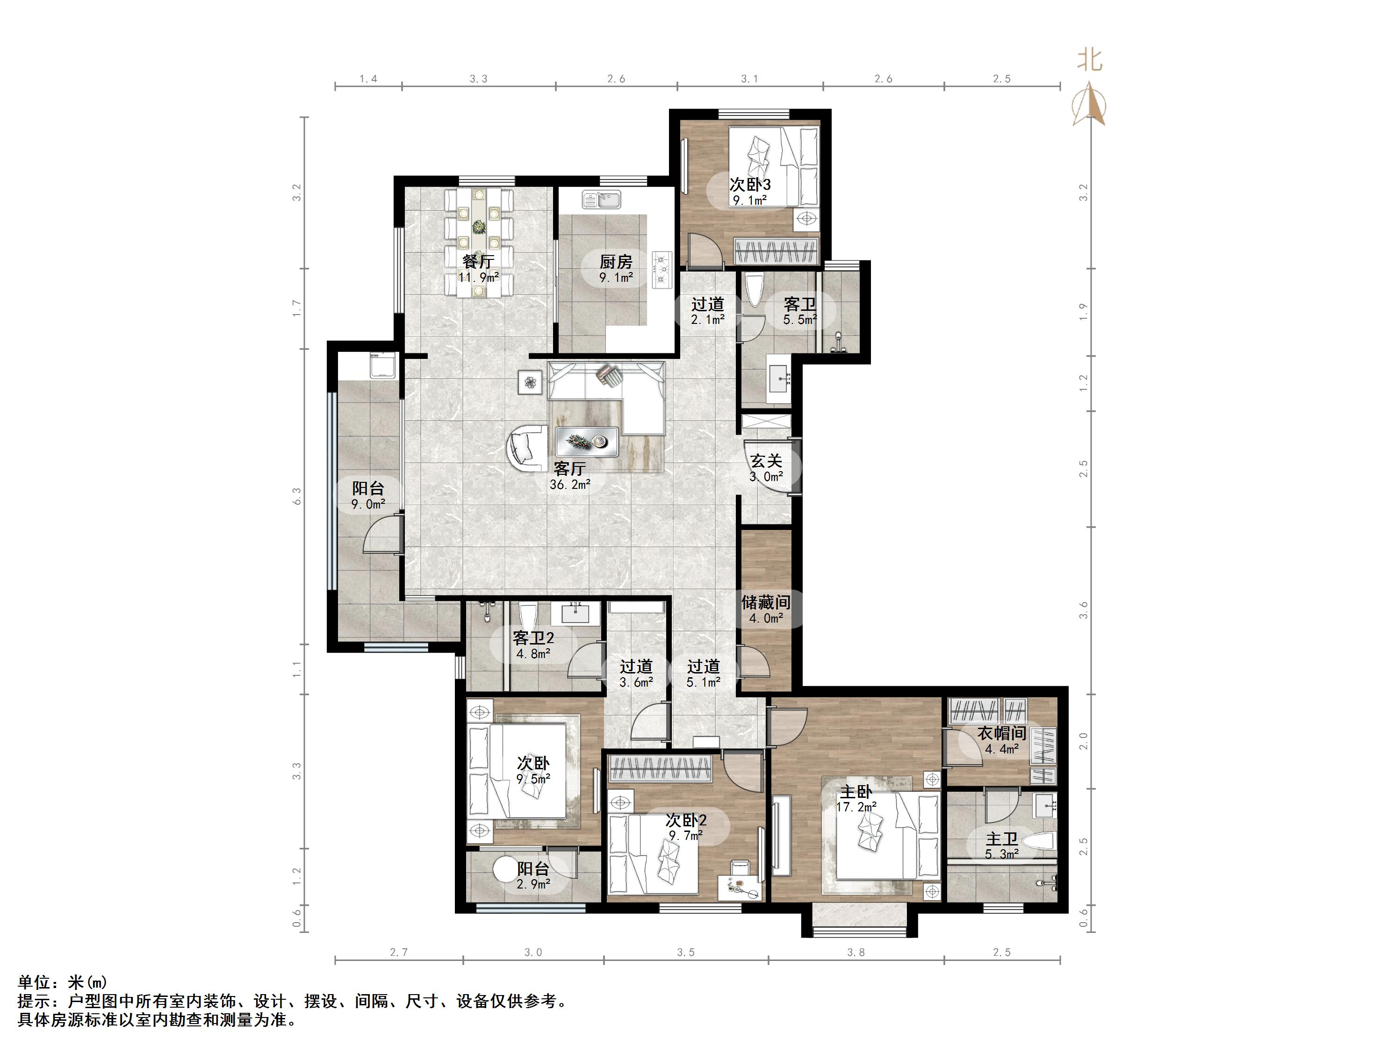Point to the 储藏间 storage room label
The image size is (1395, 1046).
point(766,603)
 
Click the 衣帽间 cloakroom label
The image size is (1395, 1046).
point(1001,733)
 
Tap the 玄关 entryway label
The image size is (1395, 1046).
point(766,461)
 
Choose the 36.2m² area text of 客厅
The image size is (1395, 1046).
point(570,485)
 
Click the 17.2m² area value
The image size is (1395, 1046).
point(856,807)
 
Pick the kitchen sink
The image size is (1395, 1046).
point(601,200)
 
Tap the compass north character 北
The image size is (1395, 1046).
point(1089,61)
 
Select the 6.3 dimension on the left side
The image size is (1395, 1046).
point(297,496)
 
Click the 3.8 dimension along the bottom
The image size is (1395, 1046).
point(856,952)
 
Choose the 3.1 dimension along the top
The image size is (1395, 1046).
point(749,79)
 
